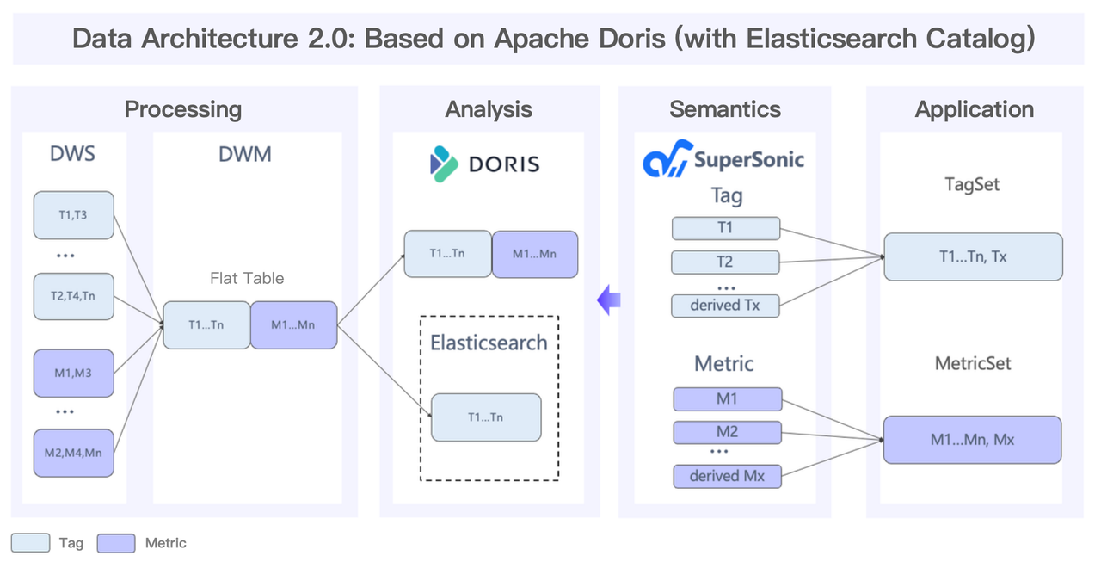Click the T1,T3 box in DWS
(x=74, y=215)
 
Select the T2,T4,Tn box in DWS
(x=74, y=296)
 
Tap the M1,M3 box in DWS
(x=74, y=373)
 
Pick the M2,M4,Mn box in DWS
(x=74, y=453)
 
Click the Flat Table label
(x=247, y=278)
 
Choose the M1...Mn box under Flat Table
(x=293, y=324)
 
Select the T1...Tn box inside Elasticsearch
(x=486, y=417)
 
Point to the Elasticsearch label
(x=489, y=342)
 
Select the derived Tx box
(x=726, y=305)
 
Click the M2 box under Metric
(x=727, y=431)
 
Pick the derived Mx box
(x=727, y=476)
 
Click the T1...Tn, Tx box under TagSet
(x=973, y=256)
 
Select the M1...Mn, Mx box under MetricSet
(x=973, y=440)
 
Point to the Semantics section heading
(x=725, y=109)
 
